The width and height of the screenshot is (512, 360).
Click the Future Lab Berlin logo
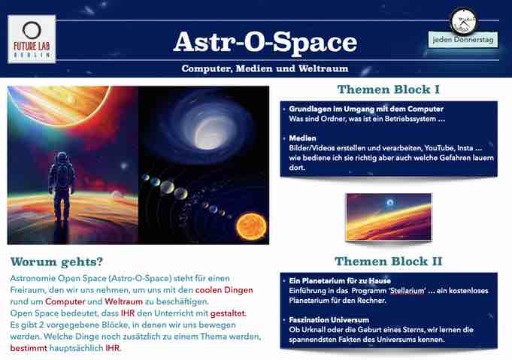[32, 39]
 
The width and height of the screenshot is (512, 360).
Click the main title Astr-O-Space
[265, 42]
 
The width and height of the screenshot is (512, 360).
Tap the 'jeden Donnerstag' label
[463, 40]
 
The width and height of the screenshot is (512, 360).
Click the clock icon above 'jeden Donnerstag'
[464, 22]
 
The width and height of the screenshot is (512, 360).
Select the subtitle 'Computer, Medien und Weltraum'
[265, 68]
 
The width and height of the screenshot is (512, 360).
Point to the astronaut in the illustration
[62, 186]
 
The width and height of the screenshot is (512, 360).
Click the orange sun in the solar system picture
[251, 226]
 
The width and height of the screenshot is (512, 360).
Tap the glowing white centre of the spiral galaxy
[209, 133]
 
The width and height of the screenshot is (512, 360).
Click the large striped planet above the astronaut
[59, 104]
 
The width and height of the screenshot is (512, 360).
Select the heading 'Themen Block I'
[388, 89]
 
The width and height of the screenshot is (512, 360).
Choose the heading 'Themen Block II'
[388, 261]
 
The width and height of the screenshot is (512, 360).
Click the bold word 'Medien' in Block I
[302, 138]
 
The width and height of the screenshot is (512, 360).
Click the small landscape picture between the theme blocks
[389, 217]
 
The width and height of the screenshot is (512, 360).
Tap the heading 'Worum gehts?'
[56, 262]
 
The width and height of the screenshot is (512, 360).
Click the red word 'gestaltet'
[228, 313]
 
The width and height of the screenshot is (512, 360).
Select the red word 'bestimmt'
[29, 348]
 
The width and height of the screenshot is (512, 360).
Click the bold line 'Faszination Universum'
[329, 320]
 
